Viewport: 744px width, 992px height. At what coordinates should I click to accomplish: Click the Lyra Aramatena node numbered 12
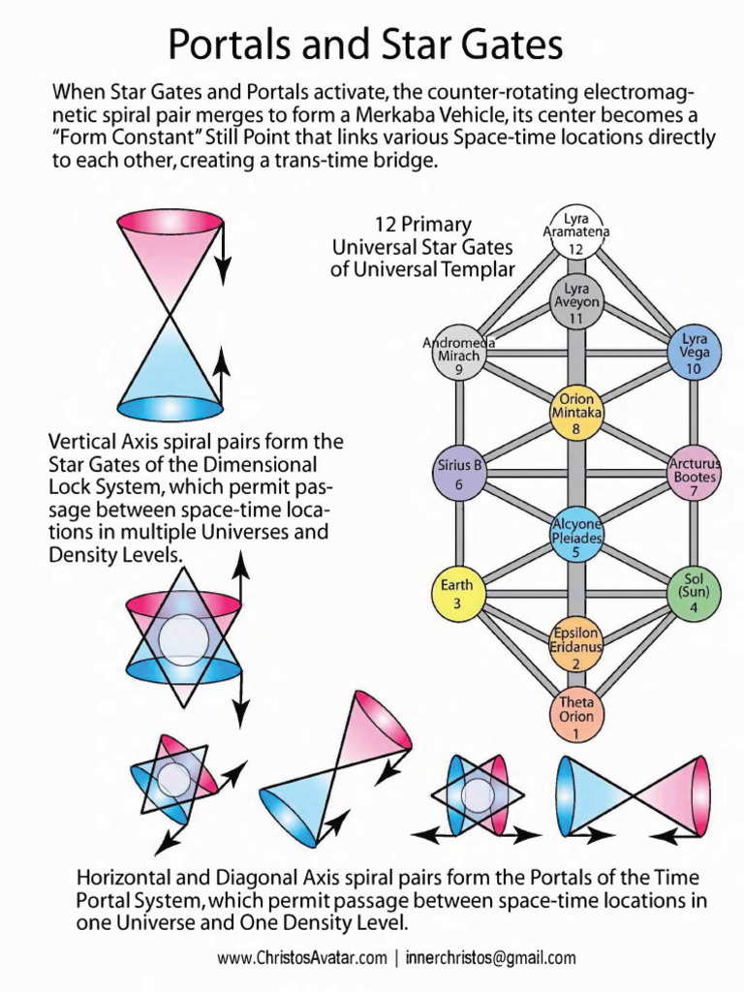click(575, 232)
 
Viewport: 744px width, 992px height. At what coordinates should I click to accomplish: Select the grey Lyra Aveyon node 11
click(576, 302)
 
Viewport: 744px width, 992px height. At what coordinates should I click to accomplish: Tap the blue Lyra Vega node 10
click(694, 353)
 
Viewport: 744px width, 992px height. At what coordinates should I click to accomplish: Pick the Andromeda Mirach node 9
click(458, 353)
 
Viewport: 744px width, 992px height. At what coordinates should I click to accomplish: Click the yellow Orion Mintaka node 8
click(576, 413)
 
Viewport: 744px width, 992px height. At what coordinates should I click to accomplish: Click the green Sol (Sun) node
click(694, 593)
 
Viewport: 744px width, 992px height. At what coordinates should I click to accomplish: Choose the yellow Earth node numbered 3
click(457, 593)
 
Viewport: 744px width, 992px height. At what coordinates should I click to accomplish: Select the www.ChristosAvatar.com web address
click(301, 958)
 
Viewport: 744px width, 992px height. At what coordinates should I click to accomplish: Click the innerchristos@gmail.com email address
click(491, 958)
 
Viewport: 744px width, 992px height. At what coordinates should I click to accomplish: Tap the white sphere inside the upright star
click(183, 639)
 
